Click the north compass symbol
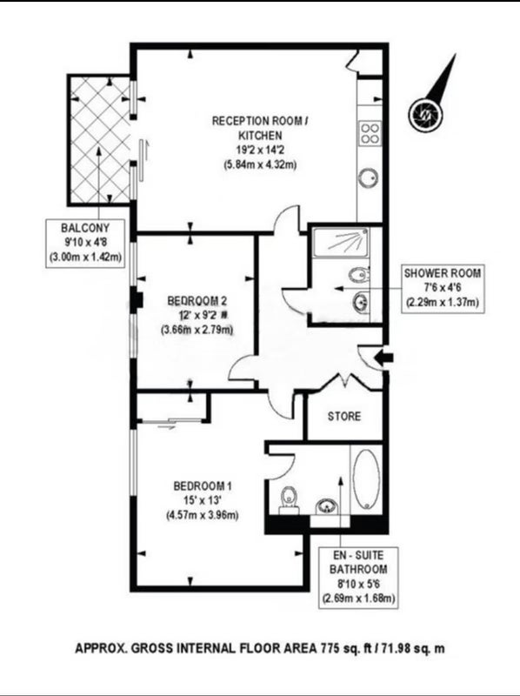point(426,113)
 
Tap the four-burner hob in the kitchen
point(370,133)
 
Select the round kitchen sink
point(369,179)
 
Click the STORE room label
point(344,417)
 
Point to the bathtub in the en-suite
point(366,479)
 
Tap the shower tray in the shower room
point(341,242)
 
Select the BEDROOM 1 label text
point(203,486)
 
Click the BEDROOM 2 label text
point(197,301)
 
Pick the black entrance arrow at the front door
point(383,357)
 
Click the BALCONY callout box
point(85,243)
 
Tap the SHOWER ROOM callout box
point(443,289)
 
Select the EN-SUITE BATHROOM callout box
point(358,578)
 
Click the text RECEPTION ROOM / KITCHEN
point(259,128)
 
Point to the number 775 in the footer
point(330,648)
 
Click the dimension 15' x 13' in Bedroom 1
point(203,501)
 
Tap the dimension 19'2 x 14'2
point(260,150)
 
